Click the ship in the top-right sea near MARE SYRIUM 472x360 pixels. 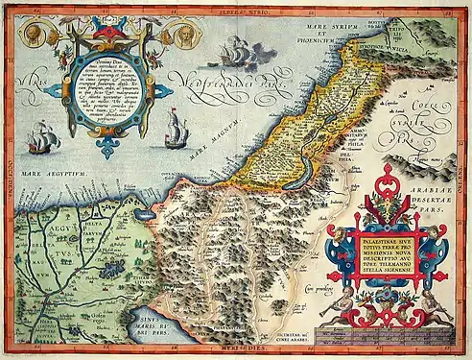[x=234, y=54]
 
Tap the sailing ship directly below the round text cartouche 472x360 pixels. [x=176, y=129]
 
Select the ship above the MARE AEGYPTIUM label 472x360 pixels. [x=44, y=141]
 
